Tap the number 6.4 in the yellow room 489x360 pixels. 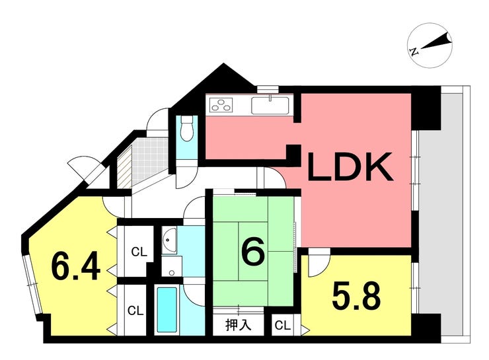click(76, 267)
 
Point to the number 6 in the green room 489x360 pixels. click(253, 251)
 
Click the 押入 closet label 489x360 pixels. click(239, 325)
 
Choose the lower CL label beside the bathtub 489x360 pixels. click(136, 310)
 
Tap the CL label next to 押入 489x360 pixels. click(282, 325)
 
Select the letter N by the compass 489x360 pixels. click(412, 51)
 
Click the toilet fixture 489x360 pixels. click(187, 129)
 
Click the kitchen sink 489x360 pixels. click(270, 104)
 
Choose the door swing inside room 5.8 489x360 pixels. click(317, 264)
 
